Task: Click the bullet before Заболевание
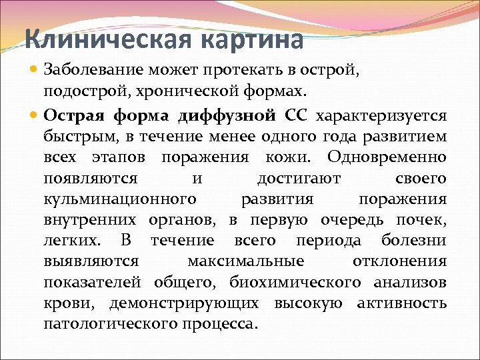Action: (x=35, y=69)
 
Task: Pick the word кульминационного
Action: (x=120, y=199)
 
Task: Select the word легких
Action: (x=73, y=241)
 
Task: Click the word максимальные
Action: (x=246, y=261)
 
